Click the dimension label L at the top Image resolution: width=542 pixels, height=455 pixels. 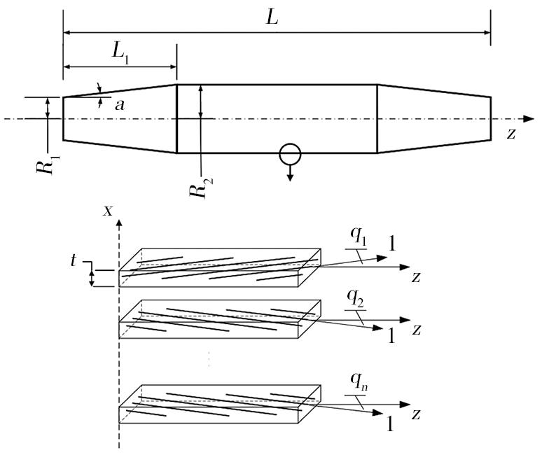[x=272, y=17]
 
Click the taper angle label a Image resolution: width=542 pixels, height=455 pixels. [x=120, y=105]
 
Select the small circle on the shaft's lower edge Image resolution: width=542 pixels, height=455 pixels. [x=290, y=154]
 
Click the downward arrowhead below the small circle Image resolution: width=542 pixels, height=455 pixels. [x=290, y=178]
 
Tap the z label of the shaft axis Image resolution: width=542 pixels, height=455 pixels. [x=511, y=134]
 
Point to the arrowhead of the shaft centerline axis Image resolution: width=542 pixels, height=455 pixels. [x=529, y=119]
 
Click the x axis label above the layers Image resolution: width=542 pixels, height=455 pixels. [x=109, y=211]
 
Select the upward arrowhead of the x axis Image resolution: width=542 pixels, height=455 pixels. [x=119, y=223]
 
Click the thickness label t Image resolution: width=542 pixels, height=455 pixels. [x=73, y=260]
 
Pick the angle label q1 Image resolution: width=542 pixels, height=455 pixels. [x=358, y=237]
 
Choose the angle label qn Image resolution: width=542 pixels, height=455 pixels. [x=359, y=381]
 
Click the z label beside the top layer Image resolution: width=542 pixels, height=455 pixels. [x=416, y=277]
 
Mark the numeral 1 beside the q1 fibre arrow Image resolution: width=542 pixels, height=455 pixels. [x=391, y=243]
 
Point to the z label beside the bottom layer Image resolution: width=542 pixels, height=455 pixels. [x=416, y=414]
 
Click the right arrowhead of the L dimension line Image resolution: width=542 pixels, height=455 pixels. [x=487, y=33]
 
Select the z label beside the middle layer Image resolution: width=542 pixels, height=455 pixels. [x=417, y=330]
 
